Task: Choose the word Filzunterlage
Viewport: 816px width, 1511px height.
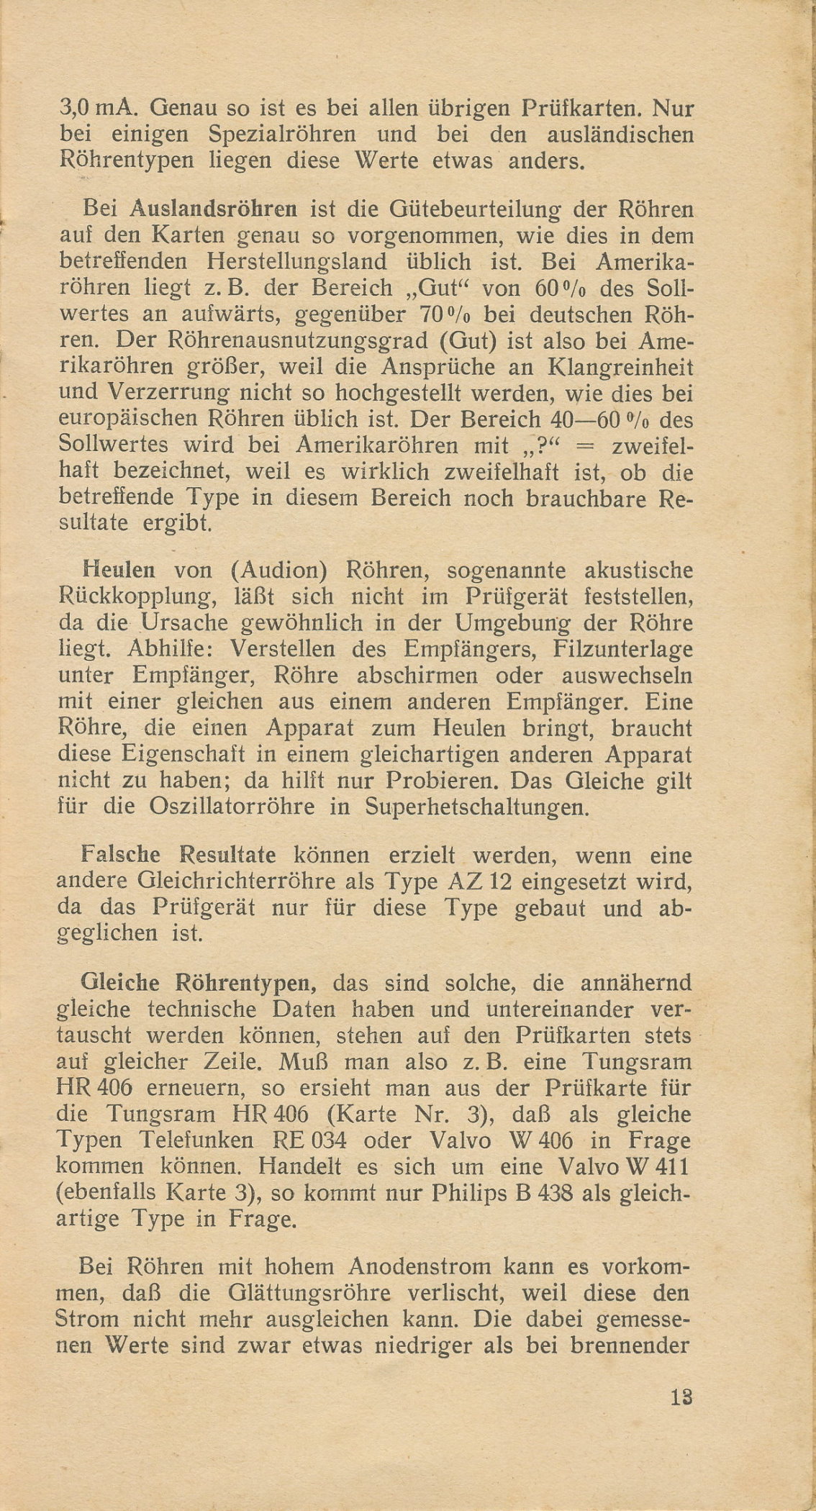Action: tap(624, 648)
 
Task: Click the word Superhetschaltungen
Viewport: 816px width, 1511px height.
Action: tap(478, 807)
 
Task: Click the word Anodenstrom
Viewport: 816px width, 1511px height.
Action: tap(382, 1267)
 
